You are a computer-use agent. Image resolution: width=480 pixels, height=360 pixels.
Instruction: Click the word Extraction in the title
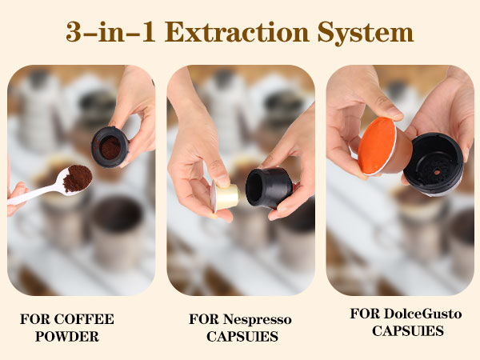click(237, 32)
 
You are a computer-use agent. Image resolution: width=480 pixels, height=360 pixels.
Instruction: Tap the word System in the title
click(366, 33)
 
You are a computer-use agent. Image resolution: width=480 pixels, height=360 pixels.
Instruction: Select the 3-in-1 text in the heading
click(110, 32)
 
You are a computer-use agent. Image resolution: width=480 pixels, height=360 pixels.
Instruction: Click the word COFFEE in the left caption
click(84, 319)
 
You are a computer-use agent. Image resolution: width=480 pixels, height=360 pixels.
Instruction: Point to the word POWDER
click(67, 337)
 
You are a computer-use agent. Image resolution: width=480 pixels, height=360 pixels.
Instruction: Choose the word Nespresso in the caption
click(257, 320)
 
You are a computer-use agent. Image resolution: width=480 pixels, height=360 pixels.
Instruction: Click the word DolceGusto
click(422, 314)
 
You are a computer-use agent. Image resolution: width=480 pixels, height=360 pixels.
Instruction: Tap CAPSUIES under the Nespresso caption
click(242, 337)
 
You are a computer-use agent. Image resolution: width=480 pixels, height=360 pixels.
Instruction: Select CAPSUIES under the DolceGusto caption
click(408, 331)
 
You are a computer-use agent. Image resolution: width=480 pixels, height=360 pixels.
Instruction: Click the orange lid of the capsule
click(377, 146)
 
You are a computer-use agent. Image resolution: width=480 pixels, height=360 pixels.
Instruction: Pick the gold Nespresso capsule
click(225, 196)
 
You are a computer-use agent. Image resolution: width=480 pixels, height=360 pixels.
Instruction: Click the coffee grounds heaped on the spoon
click(77, 178)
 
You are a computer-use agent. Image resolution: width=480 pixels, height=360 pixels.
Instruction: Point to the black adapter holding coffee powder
click(110, 147)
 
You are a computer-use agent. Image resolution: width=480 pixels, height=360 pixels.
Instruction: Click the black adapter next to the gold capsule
click(269, 187)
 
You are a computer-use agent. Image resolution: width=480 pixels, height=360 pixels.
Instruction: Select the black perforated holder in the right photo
click(433, 165)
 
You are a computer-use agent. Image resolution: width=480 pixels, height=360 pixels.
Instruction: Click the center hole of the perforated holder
click(437, 172)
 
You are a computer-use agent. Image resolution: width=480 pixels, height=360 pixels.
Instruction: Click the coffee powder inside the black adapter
click(110, 148)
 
